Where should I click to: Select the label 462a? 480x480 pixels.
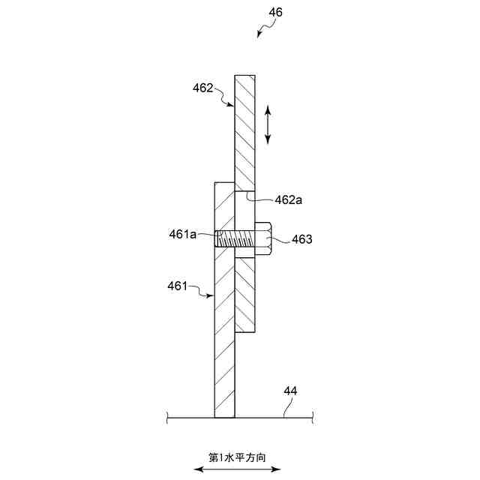click(287, 199)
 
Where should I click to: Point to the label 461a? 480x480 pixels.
click(182, 235)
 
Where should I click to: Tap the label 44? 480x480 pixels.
click(290, 391)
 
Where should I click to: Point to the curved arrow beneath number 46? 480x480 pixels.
click(262, 30)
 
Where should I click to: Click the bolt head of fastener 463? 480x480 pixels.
click(262, 239)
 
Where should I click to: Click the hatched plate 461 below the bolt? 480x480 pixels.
click(224, 337)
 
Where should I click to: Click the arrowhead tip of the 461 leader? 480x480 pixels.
click(214, 296)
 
